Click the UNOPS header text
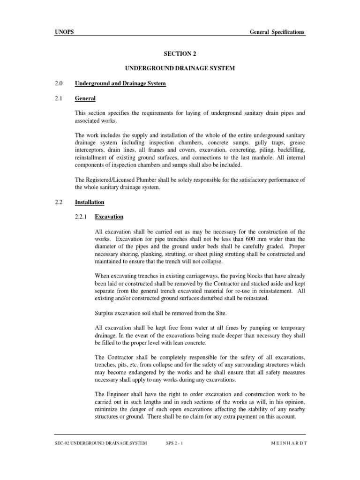pos(63,32)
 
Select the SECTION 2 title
pos(180,54)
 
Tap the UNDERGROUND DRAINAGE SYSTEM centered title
pos(180,68)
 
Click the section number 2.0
pos(59,83)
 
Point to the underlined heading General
pos(85,98)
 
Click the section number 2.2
pos(59,202)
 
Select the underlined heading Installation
pos(90,202)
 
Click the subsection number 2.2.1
pos(82,217)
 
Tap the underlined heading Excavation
pos(109,217)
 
